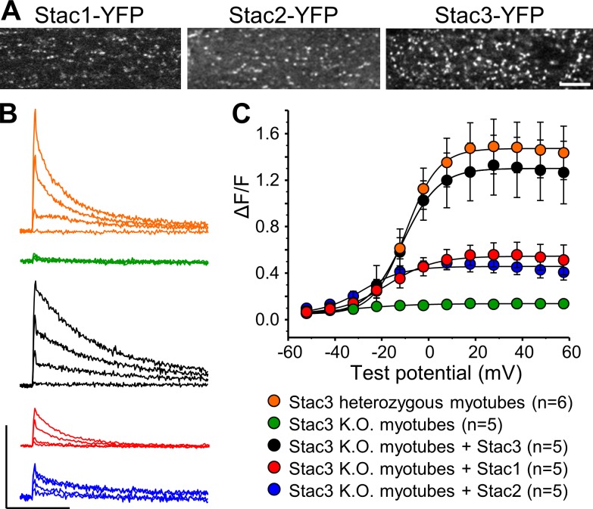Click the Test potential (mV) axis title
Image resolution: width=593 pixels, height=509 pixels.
point(428,371)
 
